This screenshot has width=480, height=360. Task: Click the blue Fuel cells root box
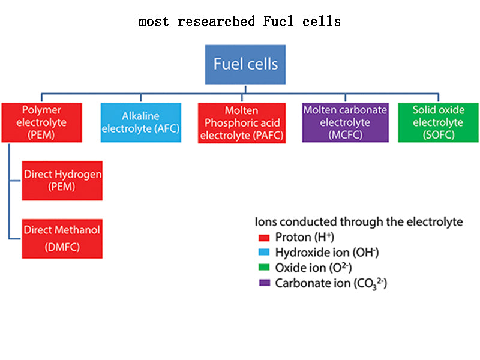pyautogui.click(x=246, y=64)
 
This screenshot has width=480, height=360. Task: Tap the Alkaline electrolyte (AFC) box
pyautogui.click(x=141, y=122)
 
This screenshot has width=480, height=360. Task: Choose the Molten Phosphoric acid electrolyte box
pyautogui.click(x=241, y=122)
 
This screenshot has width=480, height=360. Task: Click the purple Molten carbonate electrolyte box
pyautogui.click(x=345, y=122)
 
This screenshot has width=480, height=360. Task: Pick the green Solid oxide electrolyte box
pyautogui.click(x=438, y=122)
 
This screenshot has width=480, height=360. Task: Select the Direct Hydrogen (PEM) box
pyautogui.click(x=62, y=180)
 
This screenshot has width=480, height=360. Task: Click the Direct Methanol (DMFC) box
pyautogui.click(x=62, y=238)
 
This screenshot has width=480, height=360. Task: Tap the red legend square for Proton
pyautogui.click(x=262, y=237)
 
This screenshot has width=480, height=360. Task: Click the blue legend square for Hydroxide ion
pyautogui.click(x=262, y=252)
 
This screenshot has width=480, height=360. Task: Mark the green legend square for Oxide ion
pyautogui.click(x=262, y=268)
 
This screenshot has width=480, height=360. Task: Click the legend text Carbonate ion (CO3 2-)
pyautogui.click(x=331, y=283)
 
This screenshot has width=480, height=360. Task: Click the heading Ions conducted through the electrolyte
pyautogui.click(x=359, y=221)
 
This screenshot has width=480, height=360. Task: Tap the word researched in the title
pyautogui.click(x=216, y=22)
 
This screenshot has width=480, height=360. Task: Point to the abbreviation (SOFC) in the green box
pyautogui.click(x=438, y=135)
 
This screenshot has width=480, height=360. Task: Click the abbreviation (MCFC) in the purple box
pyautogui.click(x=345, y=135)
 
